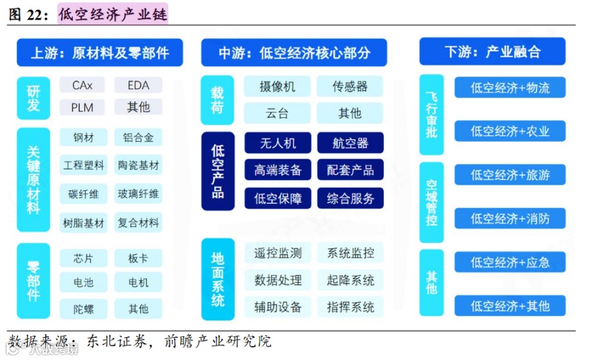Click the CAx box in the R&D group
82,85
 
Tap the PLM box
82,107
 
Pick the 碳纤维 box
83,194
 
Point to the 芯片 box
83,258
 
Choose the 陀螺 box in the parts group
83,309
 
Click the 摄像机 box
277,86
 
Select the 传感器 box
350,86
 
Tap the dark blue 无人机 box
277,143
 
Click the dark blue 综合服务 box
350,199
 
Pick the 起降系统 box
350,280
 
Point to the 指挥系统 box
350,307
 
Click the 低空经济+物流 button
509,88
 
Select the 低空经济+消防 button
509,218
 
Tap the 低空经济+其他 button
509,306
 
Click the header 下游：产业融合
493,52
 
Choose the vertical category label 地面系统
218,279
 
